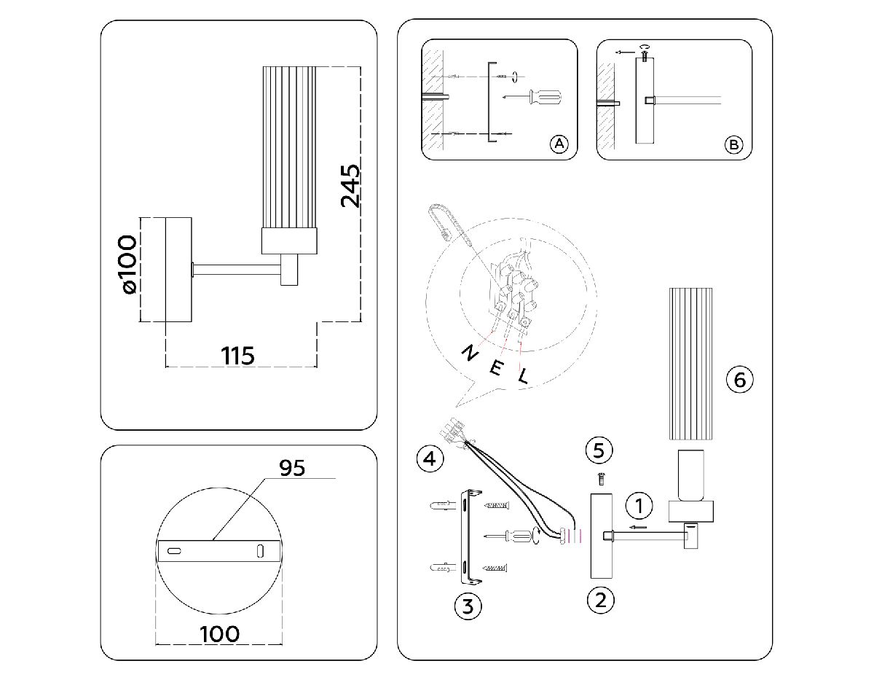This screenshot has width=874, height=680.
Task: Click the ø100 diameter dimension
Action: [x=127, y=263]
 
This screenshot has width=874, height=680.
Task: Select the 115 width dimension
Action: [x=238, y=356]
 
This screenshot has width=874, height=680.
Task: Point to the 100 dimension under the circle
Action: [x=219, y=633]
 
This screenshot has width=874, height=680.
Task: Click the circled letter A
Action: [x=559, y=144]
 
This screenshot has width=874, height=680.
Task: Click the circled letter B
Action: [x=733, y=144]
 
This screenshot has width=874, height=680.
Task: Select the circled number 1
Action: [x=639, y=504]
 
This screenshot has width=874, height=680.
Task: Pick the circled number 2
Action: [x=600, y=600]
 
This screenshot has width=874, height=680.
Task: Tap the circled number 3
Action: [x=468, y=606]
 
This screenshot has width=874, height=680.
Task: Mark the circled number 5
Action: [x=599, y=450]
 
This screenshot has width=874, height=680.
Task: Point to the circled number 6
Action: [x=739, y=379]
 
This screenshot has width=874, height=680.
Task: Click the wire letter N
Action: [x=470, y=353]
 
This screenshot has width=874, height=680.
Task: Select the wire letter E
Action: [x=495, y=367]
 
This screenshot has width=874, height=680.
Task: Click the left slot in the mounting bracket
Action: [x=175, y=551]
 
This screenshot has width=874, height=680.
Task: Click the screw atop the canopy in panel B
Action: [x=644, y=53]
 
